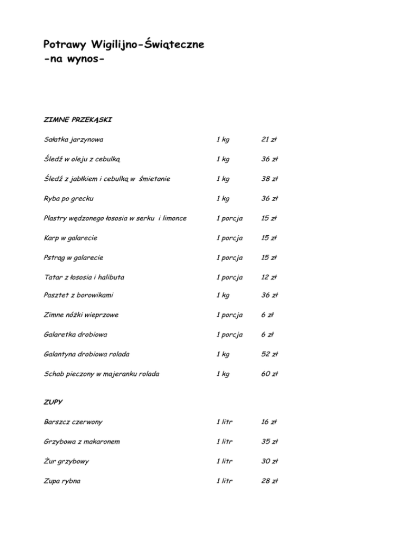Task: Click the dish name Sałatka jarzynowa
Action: (x=73, y=140)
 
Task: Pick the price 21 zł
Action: (x=269, y=140)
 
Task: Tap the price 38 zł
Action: (x=269, y=179)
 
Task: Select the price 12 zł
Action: (x=269, y=277)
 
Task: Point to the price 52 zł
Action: (x=269, y=355)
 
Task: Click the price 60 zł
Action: (x=269, y=374)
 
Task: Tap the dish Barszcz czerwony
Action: (x=73, y=422)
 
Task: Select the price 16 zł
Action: (x=269, y=422)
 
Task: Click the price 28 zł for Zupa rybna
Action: (x=269, y=481)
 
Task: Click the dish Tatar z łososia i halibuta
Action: (x=84, y=277)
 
